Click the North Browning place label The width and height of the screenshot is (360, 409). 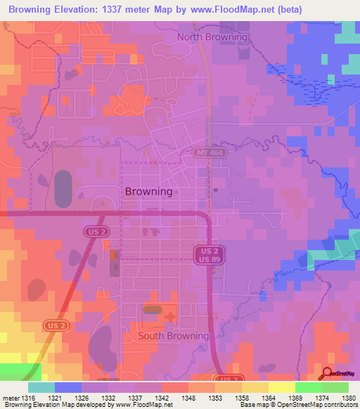(x=212, y=37)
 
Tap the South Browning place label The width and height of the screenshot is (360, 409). (x=173, y=336)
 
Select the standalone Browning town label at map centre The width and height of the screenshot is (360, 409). (x=148, y=191)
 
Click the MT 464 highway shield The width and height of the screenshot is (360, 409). (x=207, y=152)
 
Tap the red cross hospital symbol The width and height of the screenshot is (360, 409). (x=169, y=318)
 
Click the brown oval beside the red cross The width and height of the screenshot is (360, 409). (x=152, y=309)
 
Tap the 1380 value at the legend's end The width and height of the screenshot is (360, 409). (x=348, y=398)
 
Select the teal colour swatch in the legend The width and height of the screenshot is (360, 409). (x=41, y=387)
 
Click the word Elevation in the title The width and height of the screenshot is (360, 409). (x=79, y=9)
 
